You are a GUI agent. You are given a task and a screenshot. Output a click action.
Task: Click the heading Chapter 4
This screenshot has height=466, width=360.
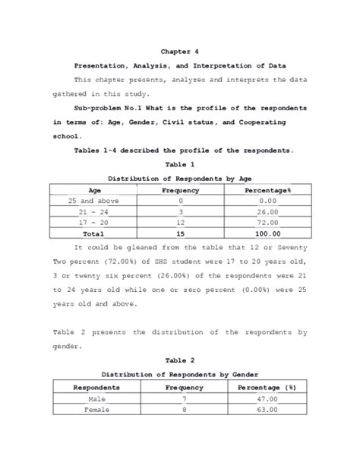click(x=180, y=52)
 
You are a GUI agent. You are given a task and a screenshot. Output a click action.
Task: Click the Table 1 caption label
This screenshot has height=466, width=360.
click(x=180, y=164)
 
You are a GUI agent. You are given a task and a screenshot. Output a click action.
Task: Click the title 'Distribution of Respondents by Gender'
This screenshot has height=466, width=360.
click(x=180, y=374)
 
